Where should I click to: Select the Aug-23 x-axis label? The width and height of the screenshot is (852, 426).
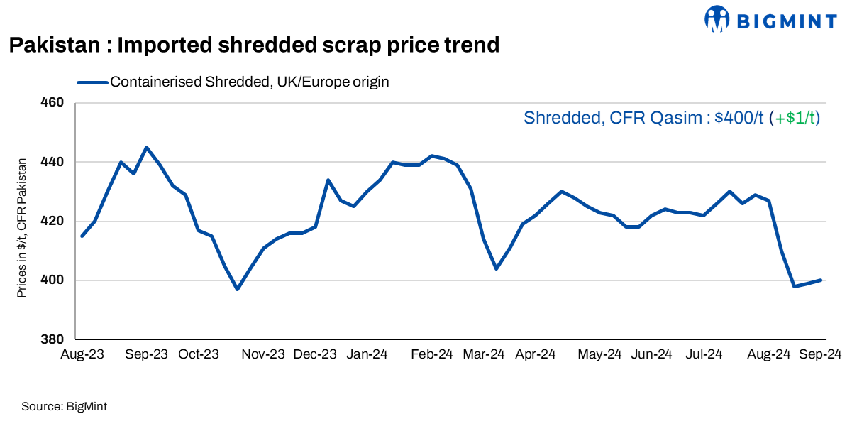point(83,354)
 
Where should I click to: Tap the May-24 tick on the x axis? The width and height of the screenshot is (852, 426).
point(599,354)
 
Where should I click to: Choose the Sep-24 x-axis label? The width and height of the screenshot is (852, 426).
point(821,354)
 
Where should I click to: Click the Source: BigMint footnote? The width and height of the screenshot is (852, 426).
point(64,407)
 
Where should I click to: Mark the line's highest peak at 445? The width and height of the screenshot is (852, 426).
point(146,148)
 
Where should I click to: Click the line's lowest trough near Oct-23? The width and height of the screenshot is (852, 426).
point(237,289)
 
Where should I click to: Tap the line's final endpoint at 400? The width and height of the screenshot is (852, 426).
point(821,280)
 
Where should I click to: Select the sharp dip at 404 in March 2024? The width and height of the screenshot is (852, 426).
point(496,268)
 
